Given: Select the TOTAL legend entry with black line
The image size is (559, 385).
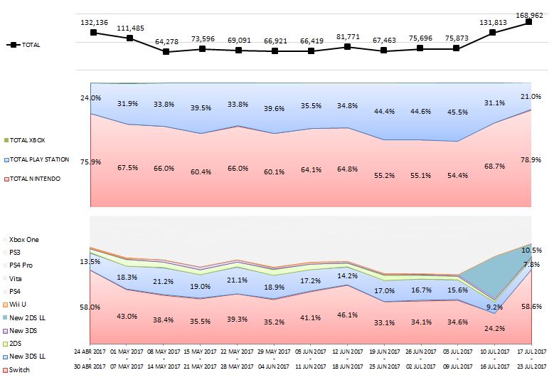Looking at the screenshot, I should [x=24, y=45].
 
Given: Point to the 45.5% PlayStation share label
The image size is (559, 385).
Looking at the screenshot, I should [x=456, y=112].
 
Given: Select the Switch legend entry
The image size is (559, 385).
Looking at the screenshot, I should [x=19, y=370].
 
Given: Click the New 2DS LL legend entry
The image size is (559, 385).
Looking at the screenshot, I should [x=27, y=317].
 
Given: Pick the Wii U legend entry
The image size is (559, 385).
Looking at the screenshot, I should [x=19, y=305].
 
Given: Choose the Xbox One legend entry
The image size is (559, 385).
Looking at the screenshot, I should [x=24, y=240].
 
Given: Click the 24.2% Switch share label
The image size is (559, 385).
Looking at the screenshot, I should [x=493, y=329].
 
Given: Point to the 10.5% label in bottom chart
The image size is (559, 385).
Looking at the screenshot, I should [x=531, y=250].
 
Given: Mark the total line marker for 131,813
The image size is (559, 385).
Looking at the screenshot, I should [x=493, y=33].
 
